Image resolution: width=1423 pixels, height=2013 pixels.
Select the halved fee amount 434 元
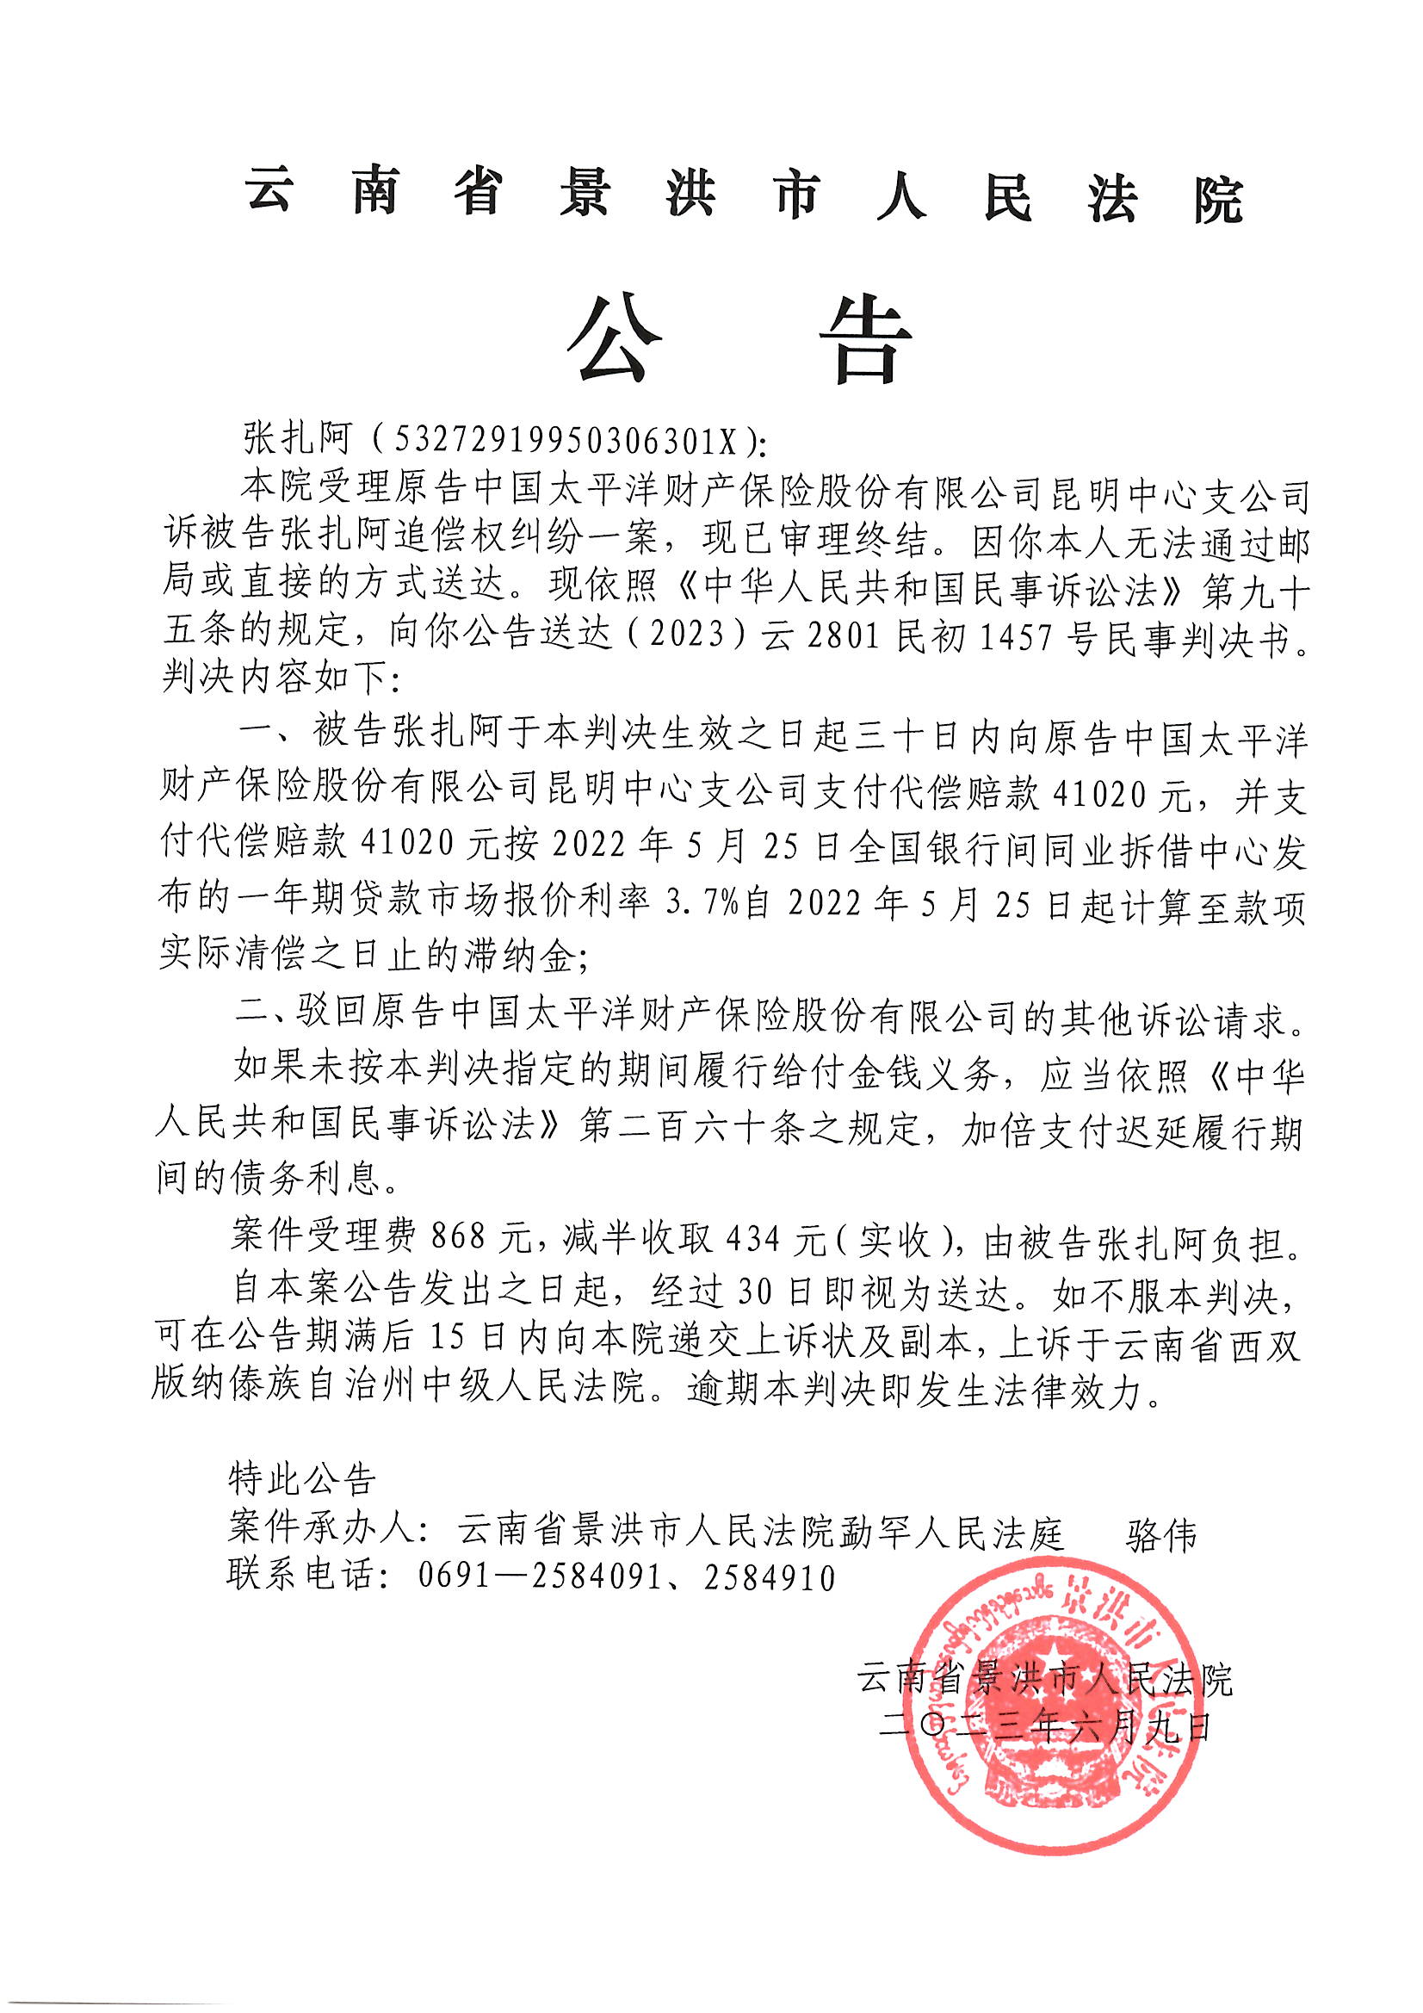click(776, 1237)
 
